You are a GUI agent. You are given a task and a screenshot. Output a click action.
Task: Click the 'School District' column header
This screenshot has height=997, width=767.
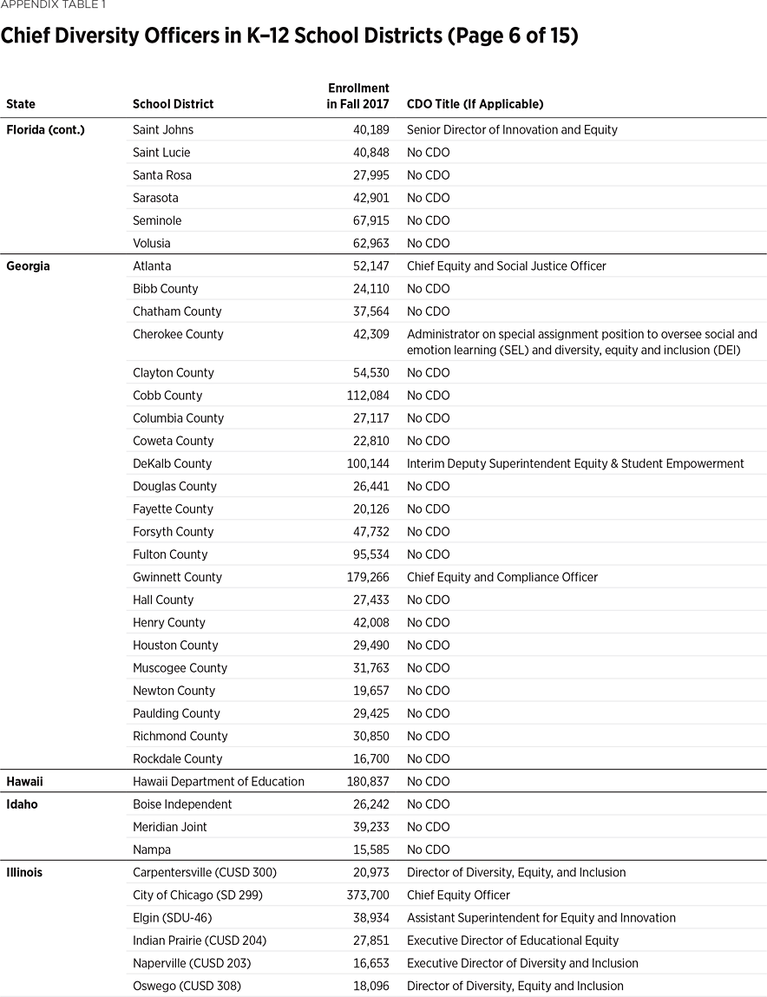tap(173, 104)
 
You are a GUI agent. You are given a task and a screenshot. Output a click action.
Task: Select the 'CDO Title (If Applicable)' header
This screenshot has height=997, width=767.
tap(475, 104)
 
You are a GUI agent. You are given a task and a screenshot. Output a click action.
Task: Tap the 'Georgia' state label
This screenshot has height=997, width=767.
tap(28, 266)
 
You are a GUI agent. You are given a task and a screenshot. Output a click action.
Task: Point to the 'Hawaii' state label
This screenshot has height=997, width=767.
tap(24, 782)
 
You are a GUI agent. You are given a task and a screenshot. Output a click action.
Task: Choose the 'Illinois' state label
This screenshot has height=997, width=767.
tap(24, 872)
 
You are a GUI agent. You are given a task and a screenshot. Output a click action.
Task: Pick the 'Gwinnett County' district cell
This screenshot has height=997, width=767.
tap(177, 577)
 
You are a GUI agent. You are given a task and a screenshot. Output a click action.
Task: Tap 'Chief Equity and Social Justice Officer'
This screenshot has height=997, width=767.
tap(506, 266)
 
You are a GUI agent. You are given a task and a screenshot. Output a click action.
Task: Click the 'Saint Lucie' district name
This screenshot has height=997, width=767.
tap(161, 153)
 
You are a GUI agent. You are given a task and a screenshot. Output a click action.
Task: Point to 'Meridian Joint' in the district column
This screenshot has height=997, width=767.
tap(170, 827)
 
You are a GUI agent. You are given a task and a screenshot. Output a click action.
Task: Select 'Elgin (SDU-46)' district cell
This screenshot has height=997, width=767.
tap(172, 918)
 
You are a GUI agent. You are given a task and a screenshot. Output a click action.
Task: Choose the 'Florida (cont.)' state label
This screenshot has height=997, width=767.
tap(46, 129)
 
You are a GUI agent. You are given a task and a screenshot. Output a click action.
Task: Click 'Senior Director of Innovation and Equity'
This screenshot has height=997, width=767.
tap(512, 129)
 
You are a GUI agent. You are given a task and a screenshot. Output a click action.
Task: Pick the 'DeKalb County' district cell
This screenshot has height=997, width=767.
tap(172, 464)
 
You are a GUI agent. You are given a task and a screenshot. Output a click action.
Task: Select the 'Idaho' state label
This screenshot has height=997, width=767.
tap(22, 804)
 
